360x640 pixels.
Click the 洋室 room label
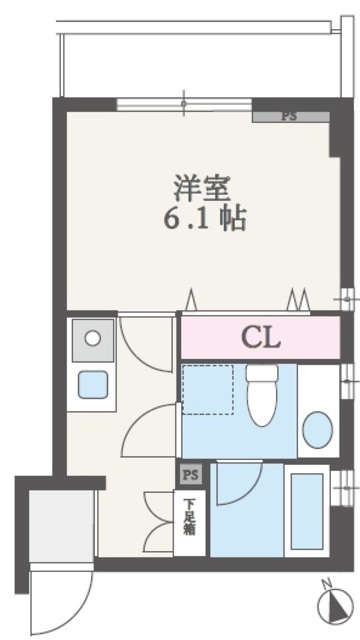203,189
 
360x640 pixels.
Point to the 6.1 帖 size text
205,219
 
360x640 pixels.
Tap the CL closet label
261,337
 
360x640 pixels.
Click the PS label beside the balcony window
289,116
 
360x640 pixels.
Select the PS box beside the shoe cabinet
190,475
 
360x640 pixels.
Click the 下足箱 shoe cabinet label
189,517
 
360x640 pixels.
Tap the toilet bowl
262,395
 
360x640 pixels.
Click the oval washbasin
318,430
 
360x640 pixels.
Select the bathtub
307,511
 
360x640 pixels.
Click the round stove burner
93,338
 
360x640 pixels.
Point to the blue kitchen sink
93,384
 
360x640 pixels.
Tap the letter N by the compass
326,583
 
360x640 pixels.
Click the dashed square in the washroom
208,390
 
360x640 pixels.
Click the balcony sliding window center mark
184,104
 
